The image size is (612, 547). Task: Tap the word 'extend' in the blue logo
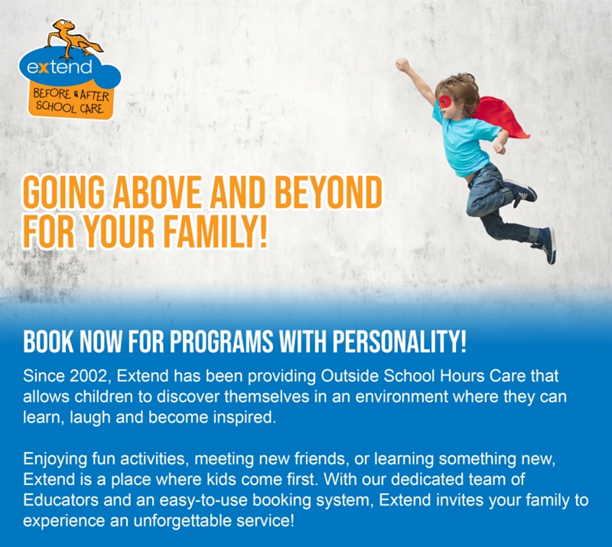pyautogui.click(x=60, y=67)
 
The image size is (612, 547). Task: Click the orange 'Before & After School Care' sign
pyautogui.click(x=70, y=101)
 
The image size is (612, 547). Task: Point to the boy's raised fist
pyautogui.click(x=402, y=64)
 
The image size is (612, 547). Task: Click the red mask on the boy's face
pyautogui.click(x=444, y=102)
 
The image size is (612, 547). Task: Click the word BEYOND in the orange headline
pyautogui.click(x=328, y=193)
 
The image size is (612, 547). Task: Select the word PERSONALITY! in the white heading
pyautogui.click(x=399, y=341)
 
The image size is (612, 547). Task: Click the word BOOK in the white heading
pyautogui.click(x=48, y=341)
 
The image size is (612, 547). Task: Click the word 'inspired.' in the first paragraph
pyautogui.click(x=245, y=418)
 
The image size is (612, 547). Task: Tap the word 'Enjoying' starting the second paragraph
pyautogui.click(x=54, y=459)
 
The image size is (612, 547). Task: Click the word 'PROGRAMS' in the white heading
pyautogui.click(x=221, y=341)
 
